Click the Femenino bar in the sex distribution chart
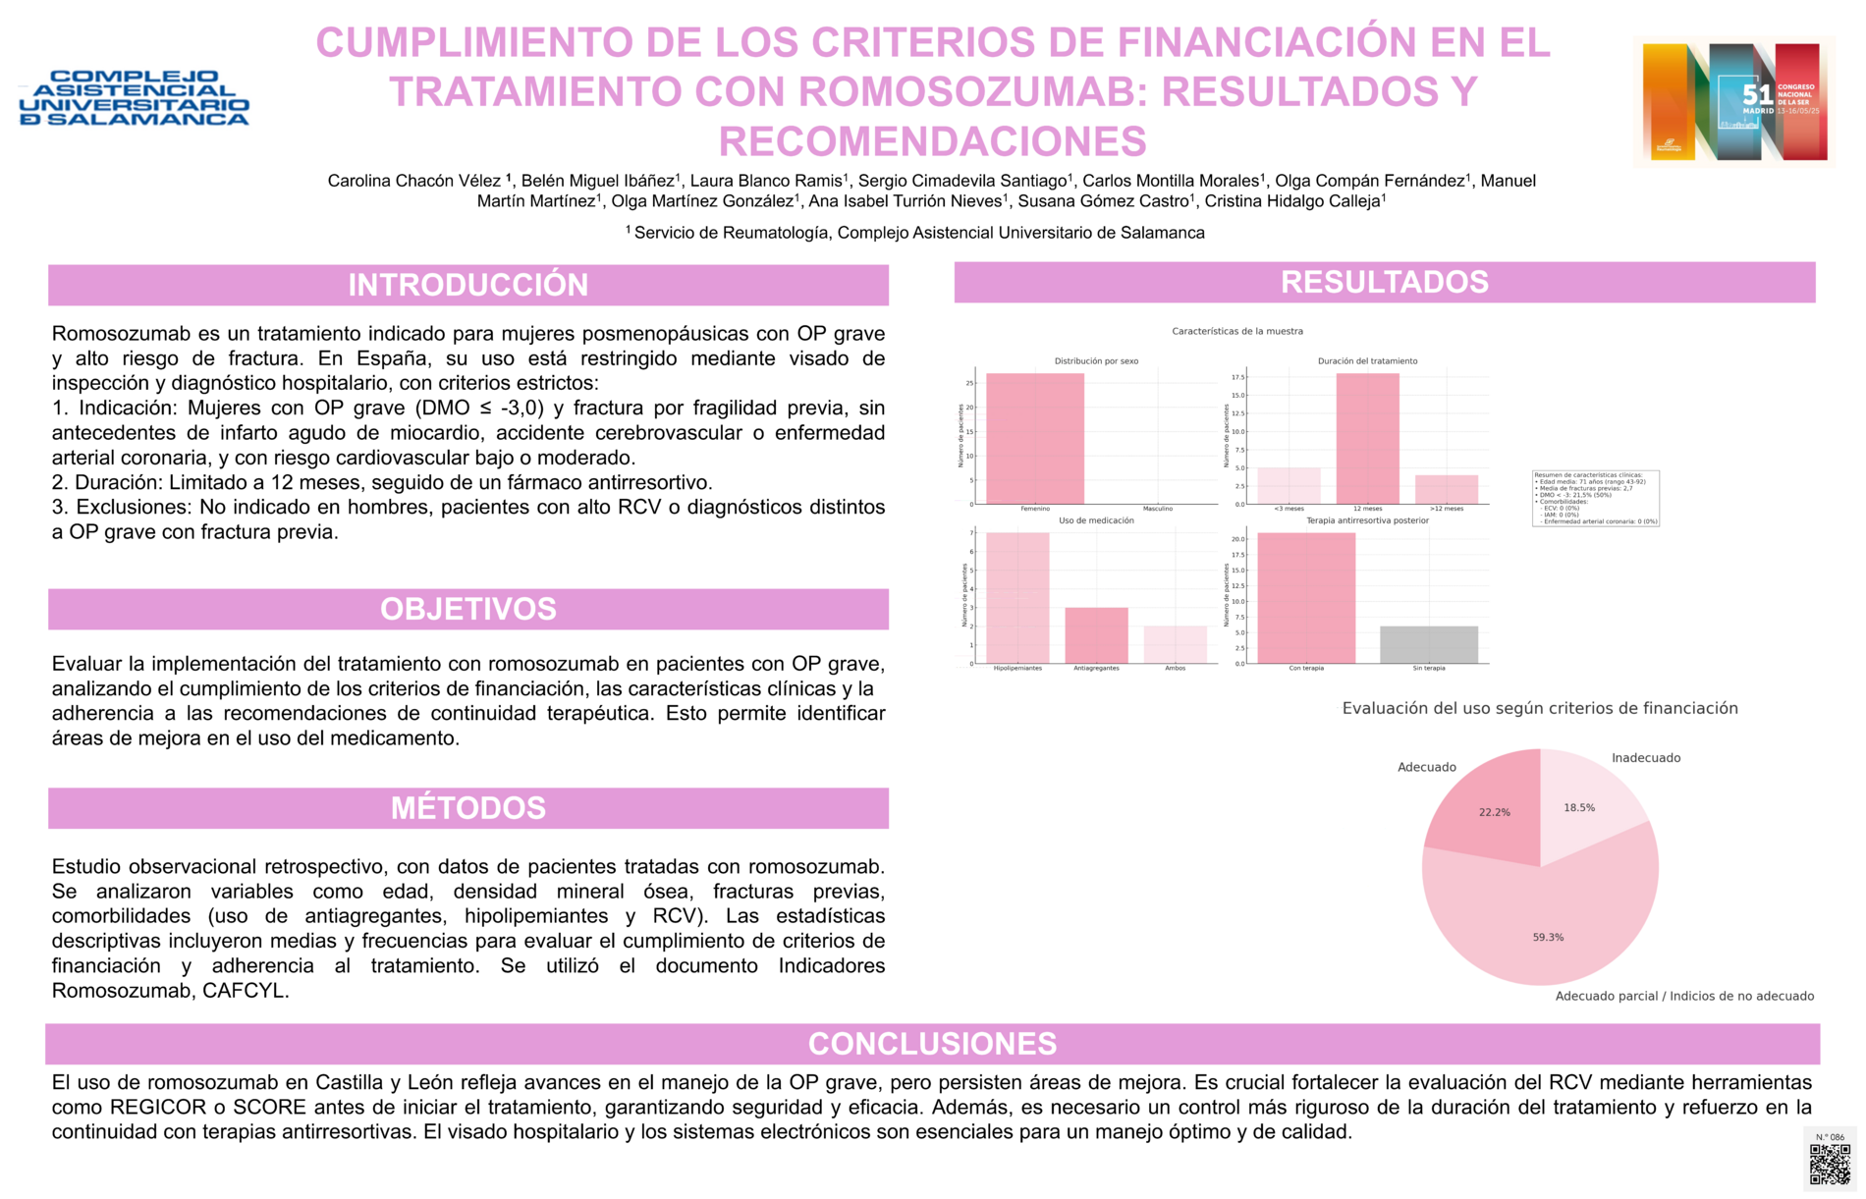(1034, 439)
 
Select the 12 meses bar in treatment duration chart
(1367, 439)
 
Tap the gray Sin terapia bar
(1428, 645)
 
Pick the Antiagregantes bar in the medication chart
(1096, 636)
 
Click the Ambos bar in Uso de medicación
(1175, 645)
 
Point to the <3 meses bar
(1289, 486)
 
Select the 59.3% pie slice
(1542, 923)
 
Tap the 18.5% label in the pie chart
(1579, 808)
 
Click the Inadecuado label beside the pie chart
(1646, 758)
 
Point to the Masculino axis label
(1157, 509)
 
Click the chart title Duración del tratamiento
(1367, 361)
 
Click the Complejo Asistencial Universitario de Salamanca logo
(135, 98)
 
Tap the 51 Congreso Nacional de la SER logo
(1734, 101)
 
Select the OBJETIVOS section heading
(468, 609)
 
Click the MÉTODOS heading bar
(468, 808)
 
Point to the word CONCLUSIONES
(932, 1044)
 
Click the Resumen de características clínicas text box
(1595, 498)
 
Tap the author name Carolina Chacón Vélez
(415, 181)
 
